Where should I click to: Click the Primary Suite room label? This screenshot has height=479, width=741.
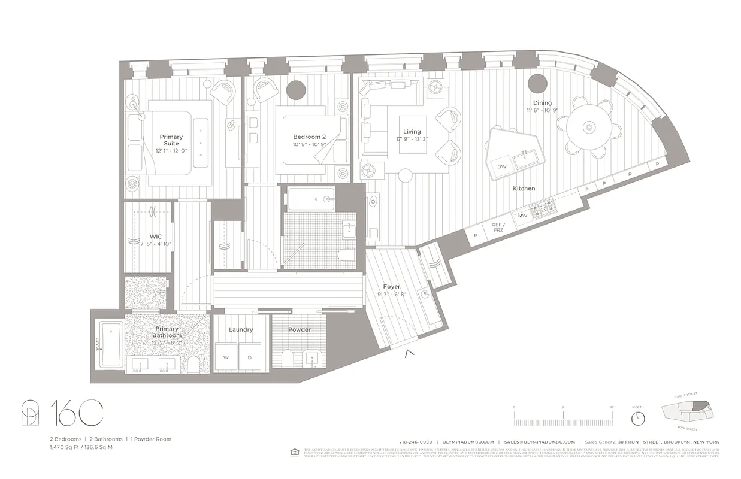tap(171, 140)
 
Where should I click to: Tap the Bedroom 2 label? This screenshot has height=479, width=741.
tap(309, 137)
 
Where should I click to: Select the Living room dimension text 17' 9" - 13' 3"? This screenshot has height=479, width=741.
tap(412, 140)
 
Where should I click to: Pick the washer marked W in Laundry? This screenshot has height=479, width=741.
tap(226, 357)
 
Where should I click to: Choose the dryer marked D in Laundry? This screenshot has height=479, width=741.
tap(250, 357)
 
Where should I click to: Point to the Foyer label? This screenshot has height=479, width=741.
tap(391, 287)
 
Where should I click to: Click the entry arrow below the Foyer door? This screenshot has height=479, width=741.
tap(410, 353)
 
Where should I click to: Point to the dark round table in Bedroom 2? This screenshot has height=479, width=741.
tap(296, 90)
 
